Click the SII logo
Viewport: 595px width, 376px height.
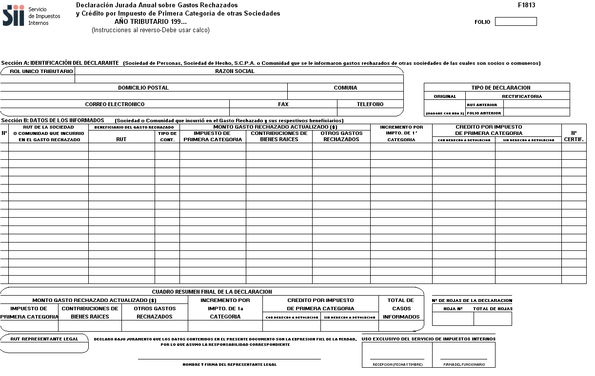click(13, 16)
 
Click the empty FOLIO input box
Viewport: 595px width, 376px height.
click(516, 21)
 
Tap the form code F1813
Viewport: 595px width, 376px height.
click(526, 5)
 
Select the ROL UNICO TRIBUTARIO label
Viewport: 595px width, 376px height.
click(41, 71)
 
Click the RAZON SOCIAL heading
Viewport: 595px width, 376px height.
click(235, 71)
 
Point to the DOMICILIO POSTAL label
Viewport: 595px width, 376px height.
click(143, 88)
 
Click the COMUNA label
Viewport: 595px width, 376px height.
click(345, 88)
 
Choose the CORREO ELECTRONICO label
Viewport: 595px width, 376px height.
click(115, 104)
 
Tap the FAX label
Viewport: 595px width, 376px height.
click(283, 104)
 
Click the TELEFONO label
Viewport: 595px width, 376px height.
click(370, 104)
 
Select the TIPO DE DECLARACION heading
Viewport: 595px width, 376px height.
click(497, 88)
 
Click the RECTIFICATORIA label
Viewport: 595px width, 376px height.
click(522, 96)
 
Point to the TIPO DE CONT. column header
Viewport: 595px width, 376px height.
click(167, 136)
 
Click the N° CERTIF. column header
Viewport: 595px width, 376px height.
click(574, 136)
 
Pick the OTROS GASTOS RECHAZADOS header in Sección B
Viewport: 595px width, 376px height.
click(341, 136)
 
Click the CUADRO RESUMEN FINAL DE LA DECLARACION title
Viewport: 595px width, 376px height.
click(212, 292)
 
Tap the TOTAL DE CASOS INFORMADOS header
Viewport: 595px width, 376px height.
click(401, 308)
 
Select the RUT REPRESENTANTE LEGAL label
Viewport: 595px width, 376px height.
click(44, 339)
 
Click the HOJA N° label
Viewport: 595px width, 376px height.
click(453, 309)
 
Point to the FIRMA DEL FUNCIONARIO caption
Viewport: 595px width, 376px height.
click(464, 364)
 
